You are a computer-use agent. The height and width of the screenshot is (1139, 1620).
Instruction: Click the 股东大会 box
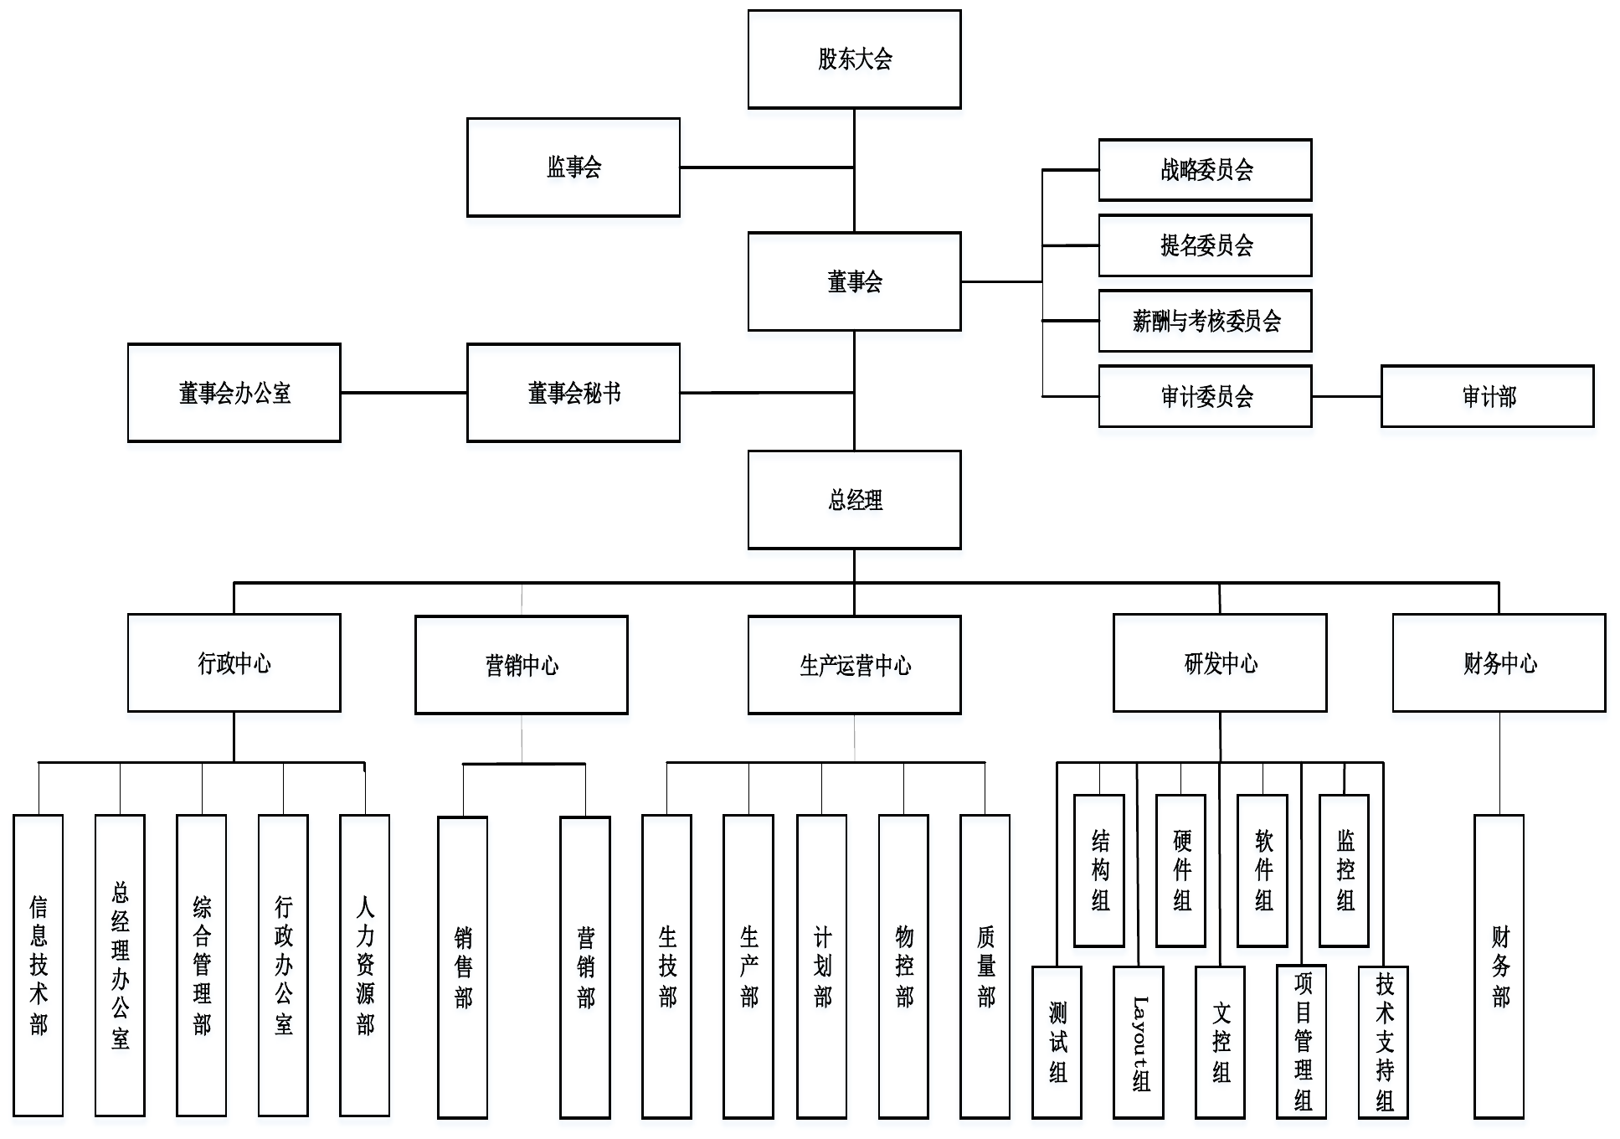point(854,59)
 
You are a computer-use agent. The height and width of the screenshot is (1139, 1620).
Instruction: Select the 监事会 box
point(573,167)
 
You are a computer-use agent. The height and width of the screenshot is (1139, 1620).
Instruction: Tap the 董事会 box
point(854,281)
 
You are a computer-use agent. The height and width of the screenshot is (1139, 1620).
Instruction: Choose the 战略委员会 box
point(1205,170)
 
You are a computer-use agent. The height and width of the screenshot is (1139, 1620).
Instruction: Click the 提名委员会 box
point(1205,245)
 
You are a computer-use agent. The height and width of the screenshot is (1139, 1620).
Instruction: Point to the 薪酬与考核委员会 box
point(1205,321)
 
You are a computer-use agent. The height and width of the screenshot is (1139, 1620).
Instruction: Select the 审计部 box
point(1487,396)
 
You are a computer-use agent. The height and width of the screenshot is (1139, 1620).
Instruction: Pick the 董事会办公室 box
point(234,393)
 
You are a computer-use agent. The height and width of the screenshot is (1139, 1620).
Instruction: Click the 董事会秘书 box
point(573,393)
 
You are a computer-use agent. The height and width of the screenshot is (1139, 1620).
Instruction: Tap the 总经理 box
point(854,500)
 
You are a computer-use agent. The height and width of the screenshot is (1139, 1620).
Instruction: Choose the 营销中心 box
point(522,665)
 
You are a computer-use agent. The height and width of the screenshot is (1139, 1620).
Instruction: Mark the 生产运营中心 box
point(854,665)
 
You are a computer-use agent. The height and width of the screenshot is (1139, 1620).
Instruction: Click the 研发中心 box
point(1220,663)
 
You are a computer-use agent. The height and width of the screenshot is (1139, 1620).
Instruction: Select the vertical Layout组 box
point(1139,1042)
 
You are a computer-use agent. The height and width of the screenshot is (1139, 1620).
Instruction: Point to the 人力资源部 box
point(365,965)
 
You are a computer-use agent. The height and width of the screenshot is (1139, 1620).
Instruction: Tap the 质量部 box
point(985,966)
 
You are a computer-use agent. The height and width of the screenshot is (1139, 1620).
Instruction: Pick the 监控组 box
point(1345,870)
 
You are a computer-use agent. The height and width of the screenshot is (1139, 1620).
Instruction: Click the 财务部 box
point(1499,966)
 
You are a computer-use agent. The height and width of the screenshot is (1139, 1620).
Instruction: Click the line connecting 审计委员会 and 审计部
point(1346,396)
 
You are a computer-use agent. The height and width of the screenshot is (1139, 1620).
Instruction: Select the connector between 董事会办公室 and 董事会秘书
point(404,393)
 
